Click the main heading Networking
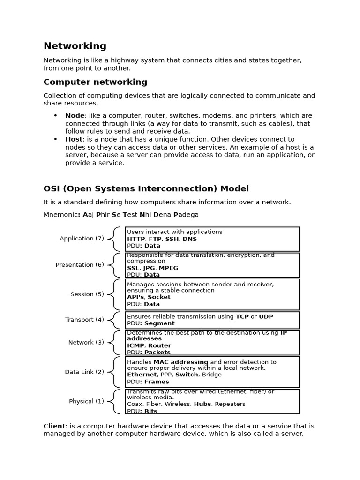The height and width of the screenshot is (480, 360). pos(75,46)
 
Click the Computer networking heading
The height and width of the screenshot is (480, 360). pos(95,82)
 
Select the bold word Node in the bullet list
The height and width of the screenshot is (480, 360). pos(75,116)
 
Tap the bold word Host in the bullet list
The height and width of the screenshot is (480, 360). pos(74,139)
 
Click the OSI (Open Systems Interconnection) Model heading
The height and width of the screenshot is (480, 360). pos(146,188)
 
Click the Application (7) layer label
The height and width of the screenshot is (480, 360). pos(82,239)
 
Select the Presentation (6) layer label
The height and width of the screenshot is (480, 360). pos(80,265)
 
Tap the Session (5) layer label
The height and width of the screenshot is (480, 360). pos(87,294)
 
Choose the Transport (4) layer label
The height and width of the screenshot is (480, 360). pos(84,320)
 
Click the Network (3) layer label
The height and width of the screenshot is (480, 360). pos(86,343)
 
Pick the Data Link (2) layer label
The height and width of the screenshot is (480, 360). pos(84,372)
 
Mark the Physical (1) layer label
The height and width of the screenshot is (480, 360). pos(87,401)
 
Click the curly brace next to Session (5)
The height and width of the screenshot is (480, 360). pos(114,294)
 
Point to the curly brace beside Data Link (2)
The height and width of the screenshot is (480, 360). pos(114,372)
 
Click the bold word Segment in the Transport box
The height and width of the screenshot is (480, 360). pos(159,323)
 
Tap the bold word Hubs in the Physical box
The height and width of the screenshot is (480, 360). pos(202,404)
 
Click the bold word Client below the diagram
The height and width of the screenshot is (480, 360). pos(54,426)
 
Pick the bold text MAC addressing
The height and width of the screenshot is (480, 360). pos(181,362)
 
